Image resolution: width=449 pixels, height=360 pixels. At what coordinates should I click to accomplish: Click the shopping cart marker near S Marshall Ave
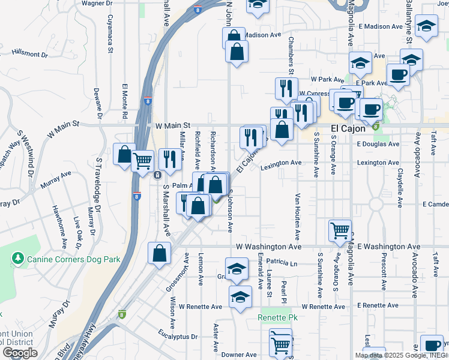(143, 161)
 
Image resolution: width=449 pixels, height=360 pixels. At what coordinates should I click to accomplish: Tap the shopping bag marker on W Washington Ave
(159, 253)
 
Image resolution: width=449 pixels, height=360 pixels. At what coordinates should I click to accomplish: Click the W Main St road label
(172, 126)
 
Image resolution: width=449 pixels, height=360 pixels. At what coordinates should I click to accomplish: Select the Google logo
(20, 353)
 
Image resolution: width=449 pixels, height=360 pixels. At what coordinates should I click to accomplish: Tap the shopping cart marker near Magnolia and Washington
(340, 230)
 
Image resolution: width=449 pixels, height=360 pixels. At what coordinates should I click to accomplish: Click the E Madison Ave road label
(380, 26)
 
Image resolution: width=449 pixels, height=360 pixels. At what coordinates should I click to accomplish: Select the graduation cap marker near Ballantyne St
(426, 26)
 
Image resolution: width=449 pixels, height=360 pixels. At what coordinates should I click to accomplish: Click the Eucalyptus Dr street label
(178, 337)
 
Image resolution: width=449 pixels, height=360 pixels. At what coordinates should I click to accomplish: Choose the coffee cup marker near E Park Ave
(397, 75)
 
